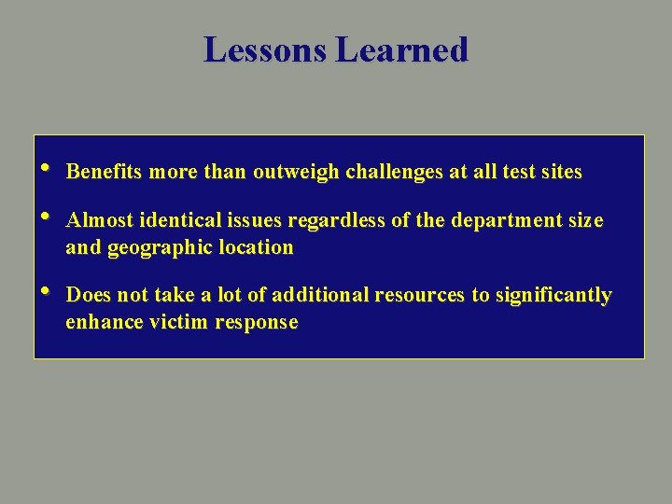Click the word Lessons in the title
pyautogui.click(x=266, y=49)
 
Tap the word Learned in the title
pyautogui.click(x=401, y=49)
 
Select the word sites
pyautogui.click(x=561, y=172)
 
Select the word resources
pyautogui.click(x=419, y=296)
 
